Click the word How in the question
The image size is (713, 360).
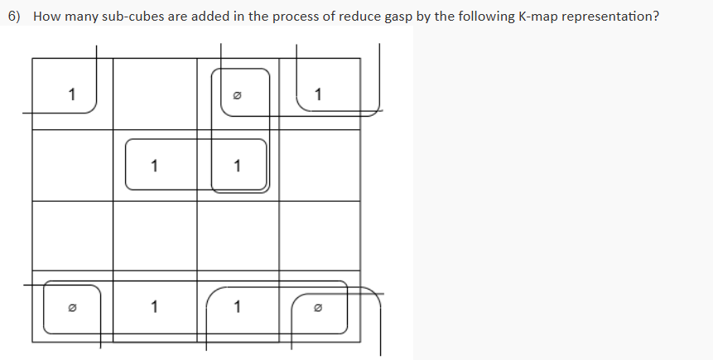46,17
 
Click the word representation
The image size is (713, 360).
614,17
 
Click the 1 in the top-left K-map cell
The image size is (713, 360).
72,94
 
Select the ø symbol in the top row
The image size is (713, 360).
238,95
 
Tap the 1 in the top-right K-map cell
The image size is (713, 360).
319,94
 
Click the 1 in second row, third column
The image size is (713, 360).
238,165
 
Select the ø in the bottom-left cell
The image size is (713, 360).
72,309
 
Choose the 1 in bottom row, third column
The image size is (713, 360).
238,307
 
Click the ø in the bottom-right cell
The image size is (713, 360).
319,309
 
